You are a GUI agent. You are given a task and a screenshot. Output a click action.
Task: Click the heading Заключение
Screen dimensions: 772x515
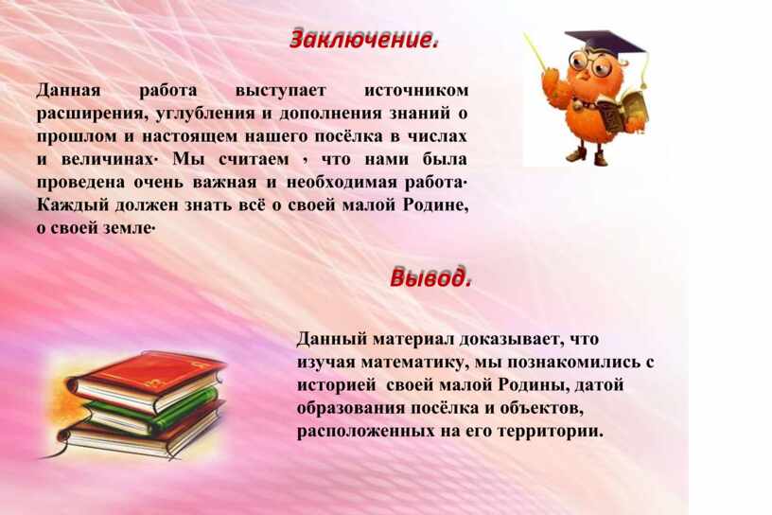click(363, 40)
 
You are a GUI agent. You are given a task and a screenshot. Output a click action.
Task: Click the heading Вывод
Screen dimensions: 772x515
click(430, 277)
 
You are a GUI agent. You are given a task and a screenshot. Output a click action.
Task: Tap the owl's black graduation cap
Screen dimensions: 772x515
click(604, 42)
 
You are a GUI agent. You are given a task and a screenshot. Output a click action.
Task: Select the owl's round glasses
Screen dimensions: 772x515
click(588, 63)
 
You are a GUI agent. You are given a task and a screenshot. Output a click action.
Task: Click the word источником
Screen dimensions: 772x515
click(416, 91)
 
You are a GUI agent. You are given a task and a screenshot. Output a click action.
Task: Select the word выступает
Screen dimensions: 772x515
click(280, 91)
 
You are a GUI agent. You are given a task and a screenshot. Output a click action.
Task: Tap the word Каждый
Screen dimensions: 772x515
click(72, 205)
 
